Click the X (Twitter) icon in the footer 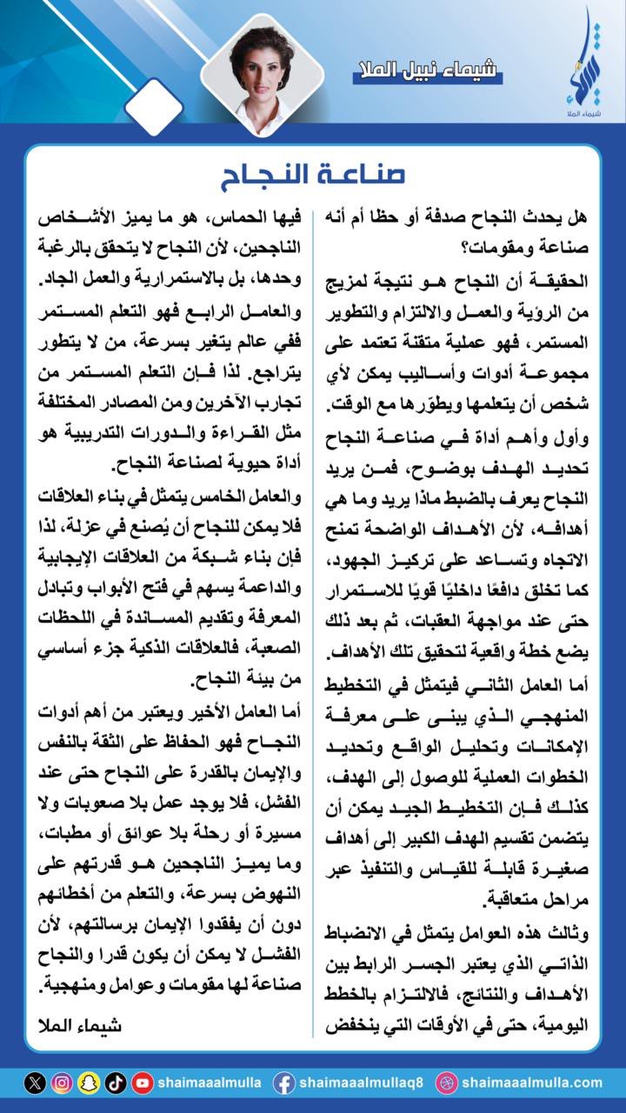pos(35,1083)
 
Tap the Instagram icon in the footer pos(62,1083)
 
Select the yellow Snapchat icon pos(89,1083)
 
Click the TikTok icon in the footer pos(116,1083)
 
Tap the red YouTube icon pos(143,1083)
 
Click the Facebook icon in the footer pos(283,1083)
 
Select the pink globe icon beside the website pos(446,1083)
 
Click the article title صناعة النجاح pos(313,173)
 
